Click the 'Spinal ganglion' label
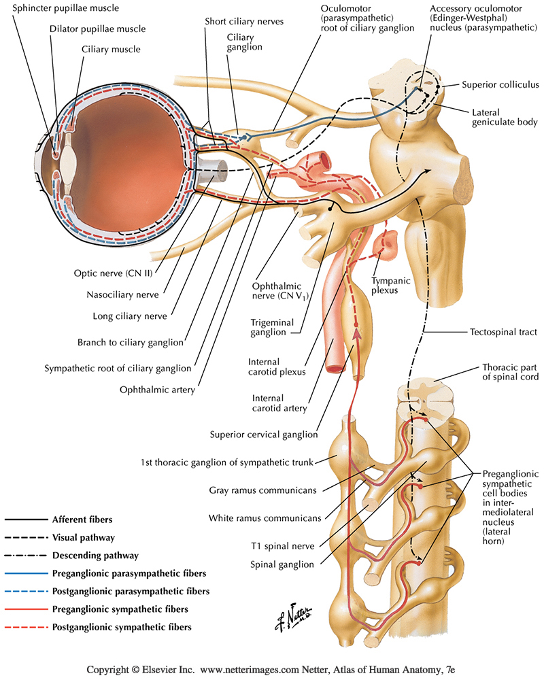[x=282, y=564]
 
